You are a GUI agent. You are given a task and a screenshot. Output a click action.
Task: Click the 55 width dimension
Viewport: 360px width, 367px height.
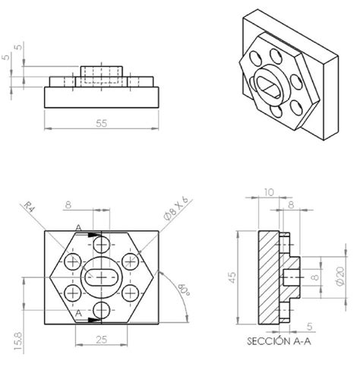tap(103, 122)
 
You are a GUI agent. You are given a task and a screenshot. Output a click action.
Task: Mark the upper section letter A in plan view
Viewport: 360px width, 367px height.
tap(77, 227)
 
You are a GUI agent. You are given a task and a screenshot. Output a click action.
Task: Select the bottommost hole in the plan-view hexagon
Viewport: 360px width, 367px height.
tap(102, 309)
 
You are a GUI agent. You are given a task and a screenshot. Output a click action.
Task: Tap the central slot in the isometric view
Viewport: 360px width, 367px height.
tap(270, 81)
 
